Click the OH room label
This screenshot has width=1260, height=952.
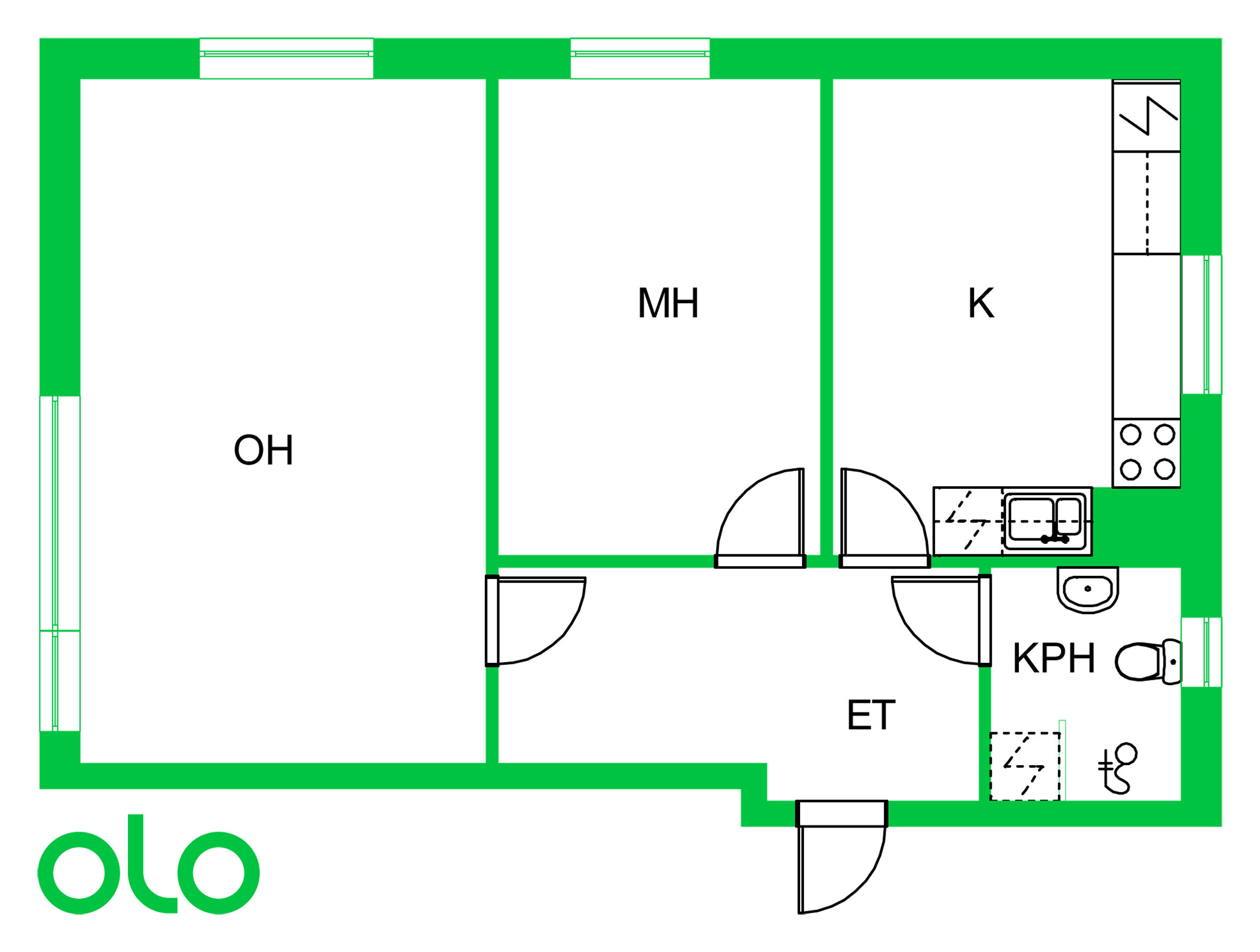[263, 450]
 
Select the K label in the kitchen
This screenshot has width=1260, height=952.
[981, 303]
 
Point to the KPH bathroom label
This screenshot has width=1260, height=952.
[1054, 659]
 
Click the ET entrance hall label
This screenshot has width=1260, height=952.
[871, 716]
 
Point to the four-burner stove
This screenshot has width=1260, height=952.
[1147, 453]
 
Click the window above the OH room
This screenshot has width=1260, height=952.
[286, 58]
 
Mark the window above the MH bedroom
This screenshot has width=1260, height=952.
[640, 58]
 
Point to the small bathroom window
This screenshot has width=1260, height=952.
[1201, 652]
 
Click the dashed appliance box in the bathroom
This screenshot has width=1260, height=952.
[1024, 766]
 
